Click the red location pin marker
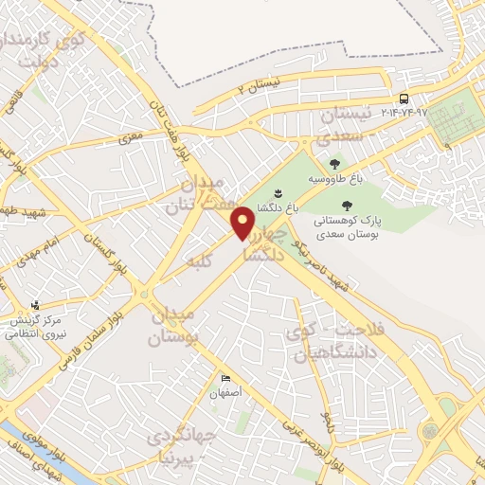(244, 223)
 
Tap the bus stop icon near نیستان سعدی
(404, 99)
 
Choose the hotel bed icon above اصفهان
(225, 377)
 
